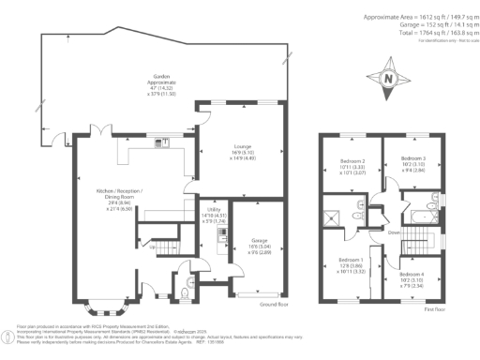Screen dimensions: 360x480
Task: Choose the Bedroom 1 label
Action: [x=351, y=263]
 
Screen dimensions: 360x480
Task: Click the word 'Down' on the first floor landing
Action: [x=394, y=232]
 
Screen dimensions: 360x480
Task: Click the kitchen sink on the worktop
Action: [x=165, y=142]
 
